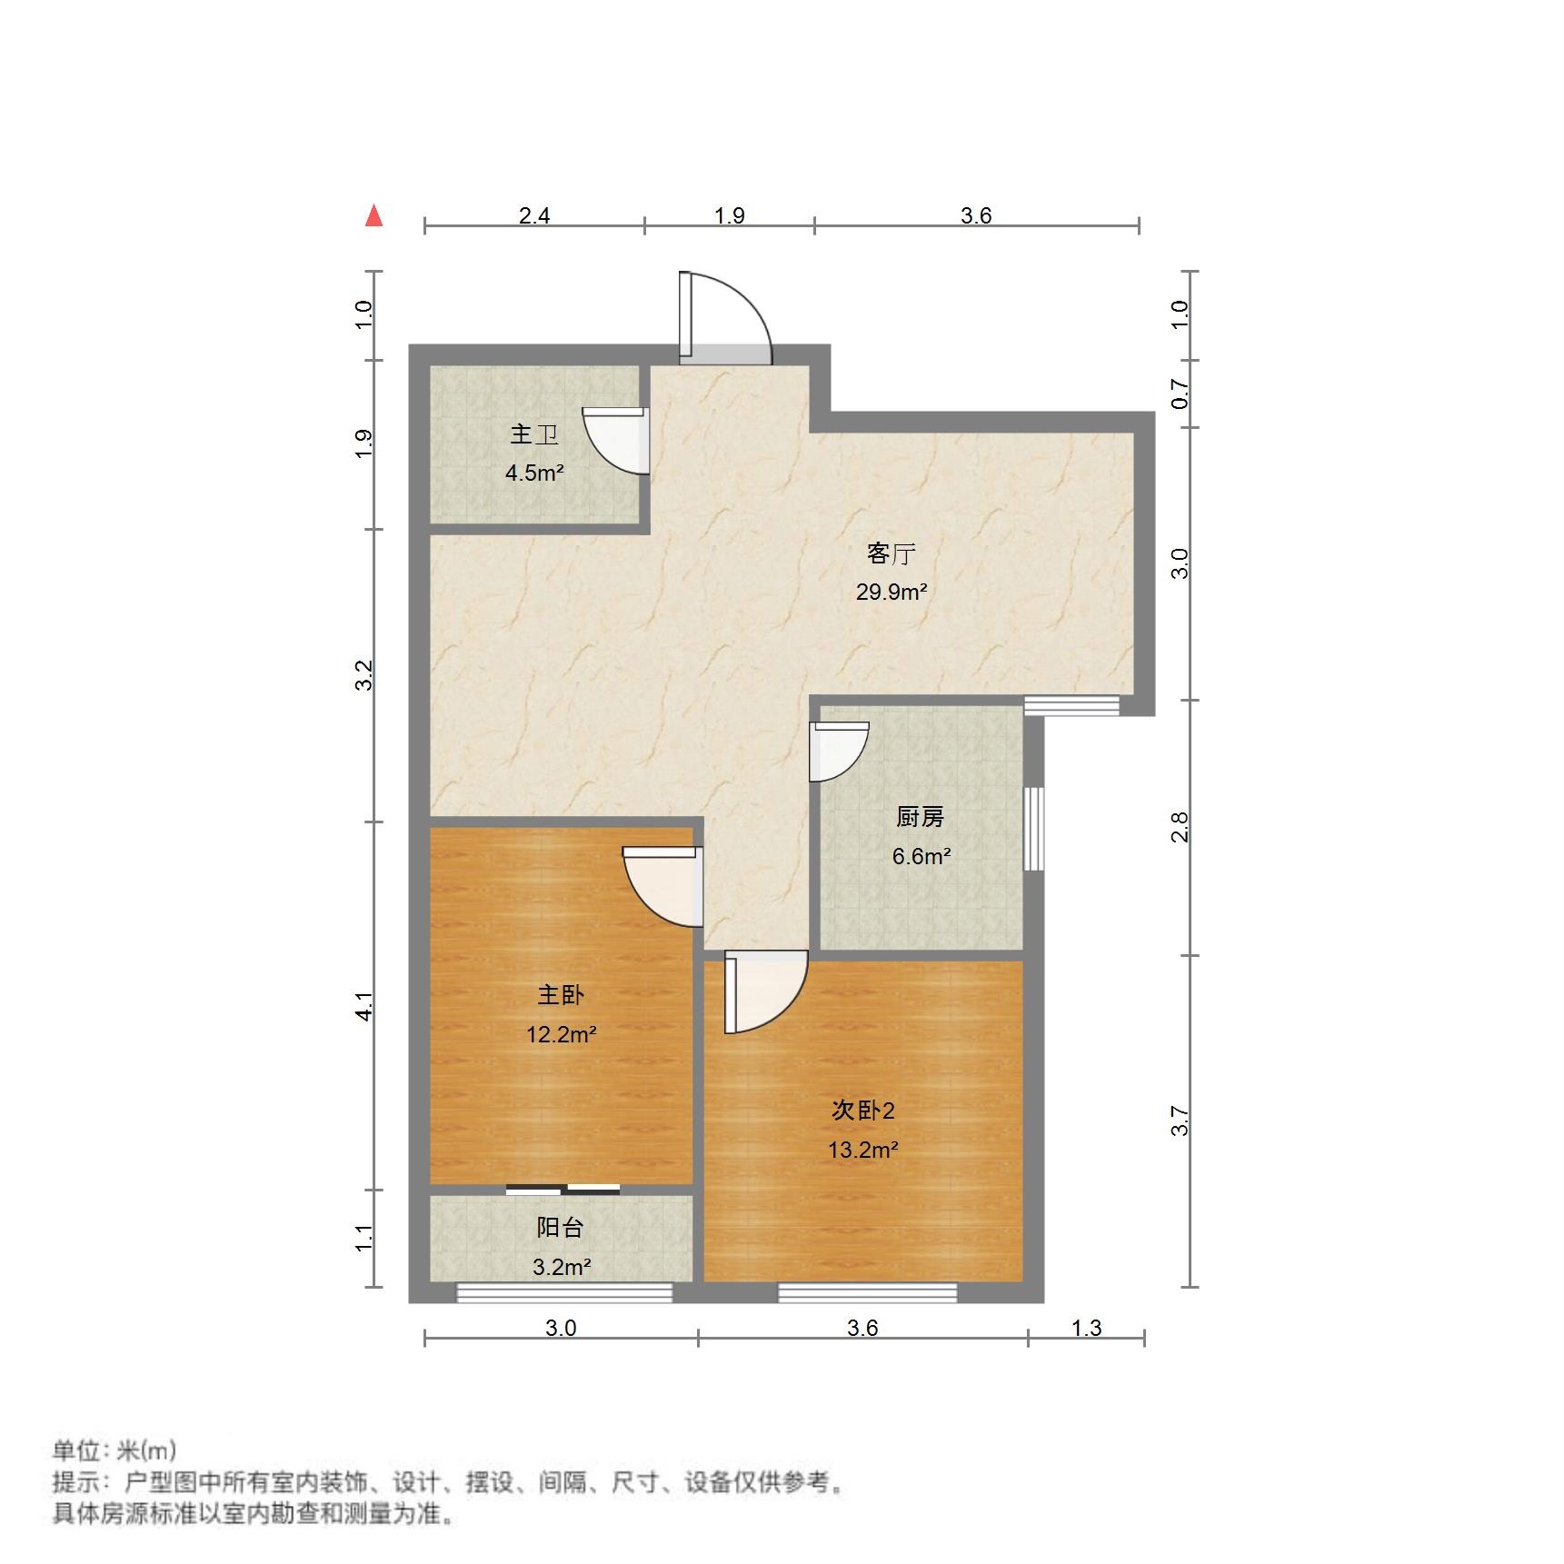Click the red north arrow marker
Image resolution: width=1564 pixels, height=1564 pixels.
pyautogui.click(x=374, y=216)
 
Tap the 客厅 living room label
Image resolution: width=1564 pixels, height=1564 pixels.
pyautogui.click(x=891, y=553)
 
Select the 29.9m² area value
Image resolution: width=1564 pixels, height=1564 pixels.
pyautogui.click(x=891, y=593)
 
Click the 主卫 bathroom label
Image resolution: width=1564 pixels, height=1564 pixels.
pyautogui.click(x=533, y=434)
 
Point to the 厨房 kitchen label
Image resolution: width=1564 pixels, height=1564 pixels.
pyautogui.click(x=920, y=817)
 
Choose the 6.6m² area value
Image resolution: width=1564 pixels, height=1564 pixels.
pyautogui.click(x=921, y=856)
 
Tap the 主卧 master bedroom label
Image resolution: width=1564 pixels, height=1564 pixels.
pyautogui.click(x=560, y=995)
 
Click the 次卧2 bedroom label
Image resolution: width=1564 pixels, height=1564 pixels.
pyautogui.click(x=862, y=1111)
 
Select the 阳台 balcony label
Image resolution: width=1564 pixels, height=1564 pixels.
pyautogui.click(x=559, y=1228)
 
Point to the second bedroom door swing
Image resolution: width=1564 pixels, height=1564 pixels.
pyautogui.click(x=765, y=991)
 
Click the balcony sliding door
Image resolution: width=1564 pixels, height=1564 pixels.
pyautogui.click(x=563, y=1189)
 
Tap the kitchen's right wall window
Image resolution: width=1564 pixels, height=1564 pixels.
pyautogui.click(x=1033, y=828)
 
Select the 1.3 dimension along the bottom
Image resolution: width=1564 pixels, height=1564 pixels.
pyautogui.click(x=1086, y=1328)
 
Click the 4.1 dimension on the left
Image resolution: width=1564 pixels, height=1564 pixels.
pyautogui.click(x=364, y=1006)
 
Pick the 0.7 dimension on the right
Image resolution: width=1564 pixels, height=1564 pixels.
pyautogui.click(x=1180, y=394)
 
